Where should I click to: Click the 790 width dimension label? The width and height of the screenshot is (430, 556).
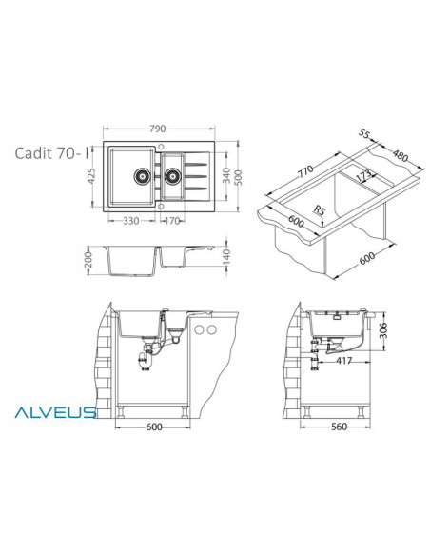pos(157,129)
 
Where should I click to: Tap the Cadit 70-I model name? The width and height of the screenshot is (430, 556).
pos(51,153)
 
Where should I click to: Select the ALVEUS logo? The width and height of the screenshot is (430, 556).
pos(55,412)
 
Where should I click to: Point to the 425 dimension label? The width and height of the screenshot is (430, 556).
pos(91,176)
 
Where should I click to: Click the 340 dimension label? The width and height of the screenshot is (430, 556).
pos(226,175)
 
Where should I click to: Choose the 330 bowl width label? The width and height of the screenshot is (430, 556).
pos(130,221)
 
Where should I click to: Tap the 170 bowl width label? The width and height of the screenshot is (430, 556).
pos(172,221)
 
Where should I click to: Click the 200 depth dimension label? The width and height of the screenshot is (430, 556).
pos(88,260)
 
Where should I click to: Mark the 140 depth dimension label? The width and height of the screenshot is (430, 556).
pos(226,257)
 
